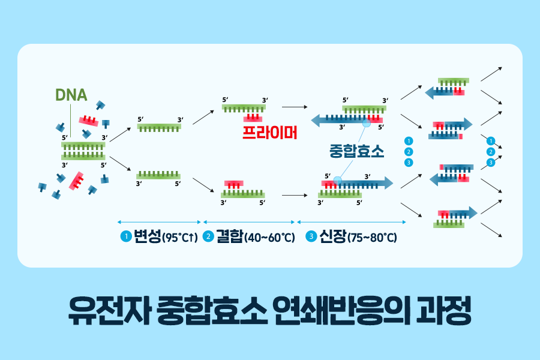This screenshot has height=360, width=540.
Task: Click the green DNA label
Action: pyautogui.click(x=71, y=95)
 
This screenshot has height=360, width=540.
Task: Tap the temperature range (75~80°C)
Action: pyautogui.click(x=372, y=238)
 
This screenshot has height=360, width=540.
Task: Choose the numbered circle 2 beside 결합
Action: pyautogui.click(x=208, y=236)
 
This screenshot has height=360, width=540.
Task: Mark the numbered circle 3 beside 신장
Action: pyautogui.click(x=311, y=236)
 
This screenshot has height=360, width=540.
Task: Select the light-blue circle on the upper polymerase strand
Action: pyautogui.click(x=366, y=122)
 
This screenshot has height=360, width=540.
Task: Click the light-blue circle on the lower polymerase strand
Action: pyautogui.click(x=338, y=179)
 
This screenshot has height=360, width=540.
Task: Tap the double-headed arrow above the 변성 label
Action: pyautogui.click(x=159, y=222)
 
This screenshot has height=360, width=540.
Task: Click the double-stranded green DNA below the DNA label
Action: pyautogui.click(x=83, y=150)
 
